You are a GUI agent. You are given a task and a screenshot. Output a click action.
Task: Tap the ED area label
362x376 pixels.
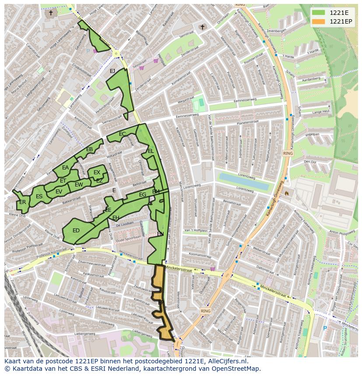76,231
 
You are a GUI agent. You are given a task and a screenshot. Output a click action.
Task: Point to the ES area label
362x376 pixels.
39,197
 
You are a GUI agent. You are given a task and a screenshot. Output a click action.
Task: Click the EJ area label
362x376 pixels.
112,71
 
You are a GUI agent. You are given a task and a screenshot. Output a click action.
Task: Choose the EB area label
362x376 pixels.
89,149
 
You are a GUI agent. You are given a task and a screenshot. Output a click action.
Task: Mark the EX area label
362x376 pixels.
97,172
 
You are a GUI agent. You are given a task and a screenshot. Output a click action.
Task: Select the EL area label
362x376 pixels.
150,151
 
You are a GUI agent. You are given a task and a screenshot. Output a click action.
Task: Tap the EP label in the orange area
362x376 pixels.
160,302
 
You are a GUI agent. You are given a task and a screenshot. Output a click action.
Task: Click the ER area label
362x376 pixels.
22,202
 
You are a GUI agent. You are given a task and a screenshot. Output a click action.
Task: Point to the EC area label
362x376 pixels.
122,134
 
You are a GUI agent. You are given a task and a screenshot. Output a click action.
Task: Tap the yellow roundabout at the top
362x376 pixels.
116,54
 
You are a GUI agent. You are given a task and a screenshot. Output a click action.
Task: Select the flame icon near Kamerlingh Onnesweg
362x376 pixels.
287,193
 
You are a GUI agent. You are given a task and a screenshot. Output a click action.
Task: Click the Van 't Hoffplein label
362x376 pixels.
196,230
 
